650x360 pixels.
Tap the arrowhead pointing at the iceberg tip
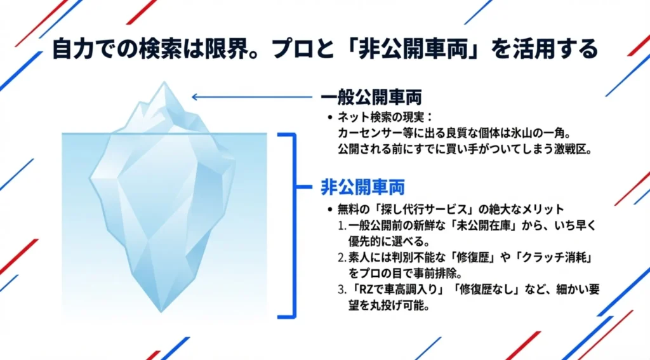(195, 97)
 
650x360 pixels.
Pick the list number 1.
(341, 225)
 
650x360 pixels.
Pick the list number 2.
(341, 257)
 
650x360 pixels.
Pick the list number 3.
(341, 289)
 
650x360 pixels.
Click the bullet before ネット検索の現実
(329, 117)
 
